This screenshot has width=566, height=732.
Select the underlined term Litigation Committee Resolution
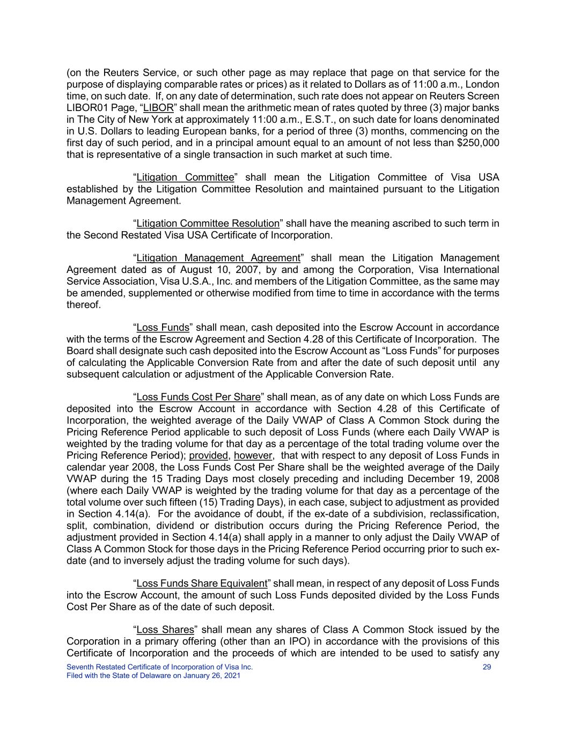(208, 223)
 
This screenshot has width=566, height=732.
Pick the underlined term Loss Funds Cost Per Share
(199, 397)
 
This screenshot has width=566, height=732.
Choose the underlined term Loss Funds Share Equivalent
(202, 583)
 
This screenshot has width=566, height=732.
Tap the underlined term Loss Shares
(165, 630)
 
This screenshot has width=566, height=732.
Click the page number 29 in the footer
(487, 667)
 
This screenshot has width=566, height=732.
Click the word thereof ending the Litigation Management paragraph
(83, 305)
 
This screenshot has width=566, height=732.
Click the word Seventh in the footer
(80, 667)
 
